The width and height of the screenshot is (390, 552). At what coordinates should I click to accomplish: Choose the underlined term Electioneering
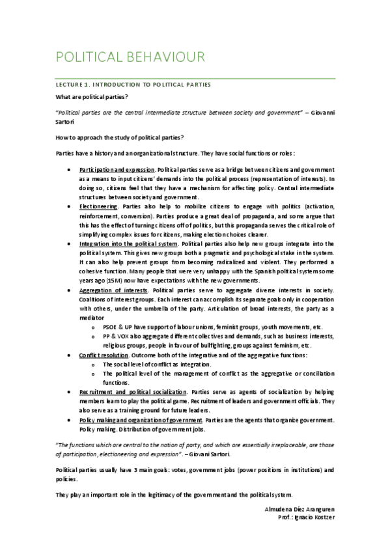(x=99, y=206)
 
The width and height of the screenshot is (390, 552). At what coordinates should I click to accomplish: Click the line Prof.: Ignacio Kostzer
(x=305, y=516)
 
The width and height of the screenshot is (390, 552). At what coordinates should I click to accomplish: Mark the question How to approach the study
(x=120, y=137)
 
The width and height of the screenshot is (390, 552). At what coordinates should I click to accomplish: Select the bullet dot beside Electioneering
(x=70, y=206)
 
